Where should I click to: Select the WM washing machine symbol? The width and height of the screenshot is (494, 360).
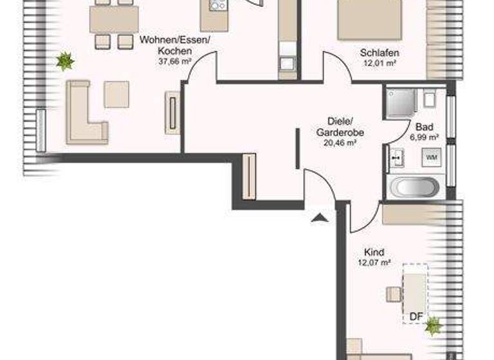click(430, 156)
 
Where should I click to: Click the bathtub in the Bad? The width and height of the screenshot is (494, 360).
click(415, 187)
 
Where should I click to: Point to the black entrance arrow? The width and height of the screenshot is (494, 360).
click(318, 219)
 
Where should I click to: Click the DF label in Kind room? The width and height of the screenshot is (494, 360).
click(417, 316)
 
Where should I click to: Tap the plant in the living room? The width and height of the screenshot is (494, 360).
click(64, 62)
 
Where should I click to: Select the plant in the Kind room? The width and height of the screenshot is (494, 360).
click(434, 325)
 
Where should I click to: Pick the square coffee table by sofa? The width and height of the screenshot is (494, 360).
click(116, 94)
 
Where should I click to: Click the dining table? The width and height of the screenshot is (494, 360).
click(114, 19)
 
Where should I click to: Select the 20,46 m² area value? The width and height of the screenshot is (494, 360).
click(340, 143)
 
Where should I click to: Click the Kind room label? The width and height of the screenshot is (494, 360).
click(374, 253)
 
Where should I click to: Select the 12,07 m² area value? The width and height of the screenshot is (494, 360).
click(374, 262)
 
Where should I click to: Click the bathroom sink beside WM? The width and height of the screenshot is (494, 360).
click(396, 156)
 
